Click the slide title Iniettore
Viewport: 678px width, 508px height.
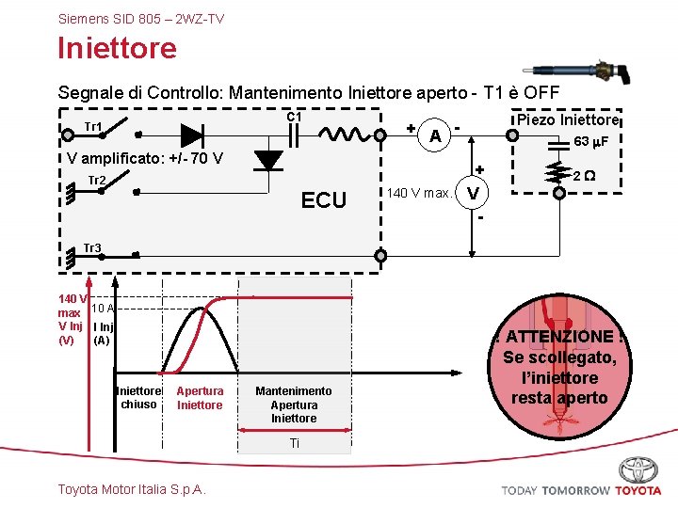117,48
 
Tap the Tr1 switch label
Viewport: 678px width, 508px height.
93,126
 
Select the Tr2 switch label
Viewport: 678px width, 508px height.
96,181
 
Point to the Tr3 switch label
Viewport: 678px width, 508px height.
92,248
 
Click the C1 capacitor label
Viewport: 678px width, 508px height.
294,117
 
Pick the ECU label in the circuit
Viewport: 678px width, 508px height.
324,199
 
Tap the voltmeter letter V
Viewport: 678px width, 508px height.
473,193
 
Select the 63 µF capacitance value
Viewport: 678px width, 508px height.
591,141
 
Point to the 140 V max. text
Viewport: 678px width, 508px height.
419,194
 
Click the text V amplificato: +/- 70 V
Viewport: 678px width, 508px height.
145,157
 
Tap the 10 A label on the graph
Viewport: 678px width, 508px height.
104,308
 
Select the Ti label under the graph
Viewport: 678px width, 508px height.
294,443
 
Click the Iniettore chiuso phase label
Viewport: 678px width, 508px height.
138,398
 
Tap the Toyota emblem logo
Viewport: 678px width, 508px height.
638,469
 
